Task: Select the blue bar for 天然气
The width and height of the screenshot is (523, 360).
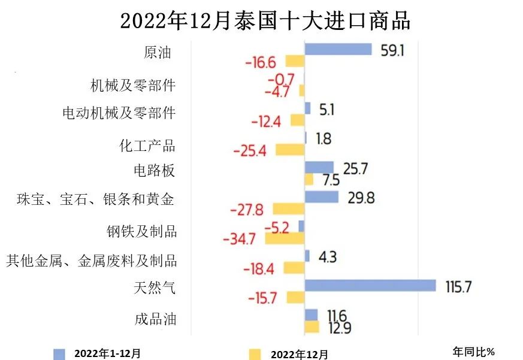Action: (370, 286)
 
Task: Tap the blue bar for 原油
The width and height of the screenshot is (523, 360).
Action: (338, 49)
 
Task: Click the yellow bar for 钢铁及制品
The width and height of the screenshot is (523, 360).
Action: (285, 238)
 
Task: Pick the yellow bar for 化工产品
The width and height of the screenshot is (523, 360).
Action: (290, 150)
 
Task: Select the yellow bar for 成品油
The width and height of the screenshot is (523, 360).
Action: (312, 326)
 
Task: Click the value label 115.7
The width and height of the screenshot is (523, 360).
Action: (459, 286)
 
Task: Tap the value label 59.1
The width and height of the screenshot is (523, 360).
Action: (392, 50)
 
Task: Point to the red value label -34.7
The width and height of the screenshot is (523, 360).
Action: (239, 239)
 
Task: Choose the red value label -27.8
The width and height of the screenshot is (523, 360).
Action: (247, 210)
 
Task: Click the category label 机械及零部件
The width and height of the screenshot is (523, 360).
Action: (133, 85)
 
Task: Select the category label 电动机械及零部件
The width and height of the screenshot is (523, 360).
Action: (119, 113)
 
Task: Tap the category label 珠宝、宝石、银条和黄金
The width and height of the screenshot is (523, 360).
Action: (96, 199)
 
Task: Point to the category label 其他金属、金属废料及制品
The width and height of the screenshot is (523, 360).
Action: (92, 261)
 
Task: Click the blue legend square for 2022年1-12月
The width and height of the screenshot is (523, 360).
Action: (59, 353)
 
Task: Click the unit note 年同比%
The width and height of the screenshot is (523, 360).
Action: (473, 352)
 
